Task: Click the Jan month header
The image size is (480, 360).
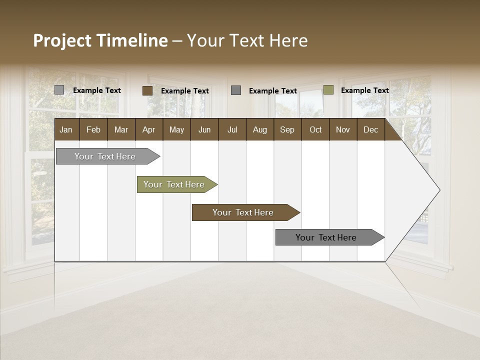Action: (x=66, y=129)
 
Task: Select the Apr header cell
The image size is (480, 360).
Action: (x=148, y=129)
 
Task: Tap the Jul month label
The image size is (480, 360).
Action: (x=232, y=129)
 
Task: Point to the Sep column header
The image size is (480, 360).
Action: (x=287, y=129)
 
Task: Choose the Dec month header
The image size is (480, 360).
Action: (x=370, y=129)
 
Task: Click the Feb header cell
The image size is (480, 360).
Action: (x=93, y=129)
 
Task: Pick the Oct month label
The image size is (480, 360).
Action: (x=315, y=129)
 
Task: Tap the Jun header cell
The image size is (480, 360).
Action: (x=204, y=129)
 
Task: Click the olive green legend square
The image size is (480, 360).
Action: (x=328, y=90)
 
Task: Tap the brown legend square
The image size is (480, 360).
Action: (x=147, y=90)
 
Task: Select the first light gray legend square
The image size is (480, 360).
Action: (x=59, y=90)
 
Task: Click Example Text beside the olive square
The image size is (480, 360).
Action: (x=364, y=90)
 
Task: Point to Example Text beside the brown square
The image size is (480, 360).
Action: (x=184, y=91)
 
